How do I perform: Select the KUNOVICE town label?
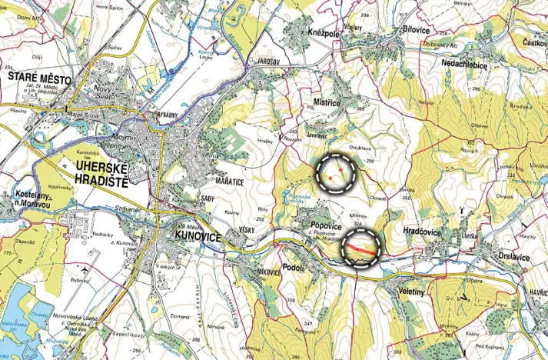click(x=198, y=237)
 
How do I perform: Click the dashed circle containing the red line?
click(x=361, y=248)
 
